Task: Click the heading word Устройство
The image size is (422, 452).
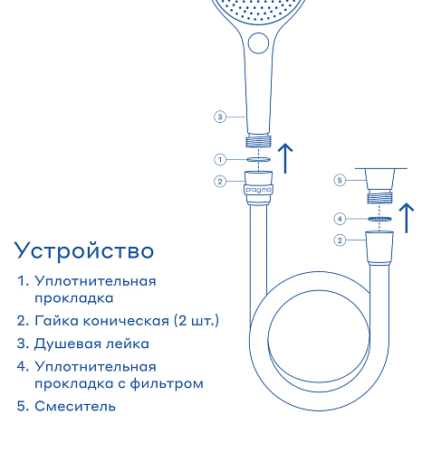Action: point(84,251)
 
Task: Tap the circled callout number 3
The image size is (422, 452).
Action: point(220,117)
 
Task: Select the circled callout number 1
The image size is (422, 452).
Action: point(220,160)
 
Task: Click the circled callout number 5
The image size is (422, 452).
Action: point(340,180)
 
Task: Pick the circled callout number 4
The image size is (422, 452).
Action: point(340,219)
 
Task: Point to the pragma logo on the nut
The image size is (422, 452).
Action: point(258,190)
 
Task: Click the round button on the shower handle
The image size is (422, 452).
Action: point(258,43)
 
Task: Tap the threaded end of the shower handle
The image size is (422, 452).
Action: point(258,142)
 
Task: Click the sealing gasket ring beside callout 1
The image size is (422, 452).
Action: point(258,159)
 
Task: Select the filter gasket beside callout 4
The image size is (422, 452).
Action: point(379,219)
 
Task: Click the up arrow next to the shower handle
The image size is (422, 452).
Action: point(285,158)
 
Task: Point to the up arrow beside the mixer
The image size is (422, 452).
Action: point(407,218)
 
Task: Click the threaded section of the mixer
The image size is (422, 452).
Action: point(379,197)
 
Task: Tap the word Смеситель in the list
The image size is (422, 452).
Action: point(75,406)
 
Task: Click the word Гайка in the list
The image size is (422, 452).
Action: point(57,321)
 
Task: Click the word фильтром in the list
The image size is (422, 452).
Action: point(167,383)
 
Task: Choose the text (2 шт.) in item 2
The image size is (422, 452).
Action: point(197,321)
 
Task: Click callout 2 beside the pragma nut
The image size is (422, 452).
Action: point(220,182)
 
